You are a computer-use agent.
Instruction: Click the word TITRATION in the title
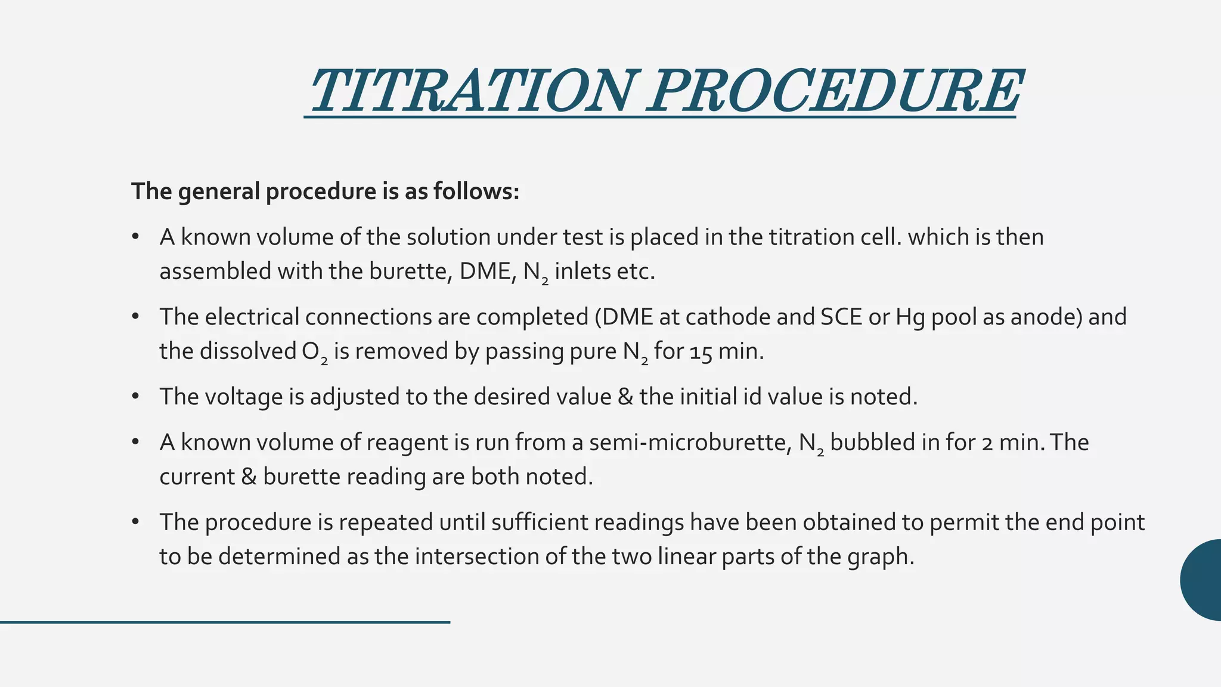(471, 91)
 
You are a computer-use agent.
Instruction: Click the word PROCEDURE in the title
(835, 91)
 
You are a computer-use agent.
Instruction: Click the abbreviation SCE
(841, 317)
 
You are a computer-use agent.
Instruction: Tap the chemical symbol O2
(314, 352)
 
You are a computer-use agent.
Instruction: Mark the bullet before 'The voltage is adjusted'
(136, 397)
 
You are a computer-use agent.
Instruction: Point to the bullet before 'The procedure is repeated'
(136, 522)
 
